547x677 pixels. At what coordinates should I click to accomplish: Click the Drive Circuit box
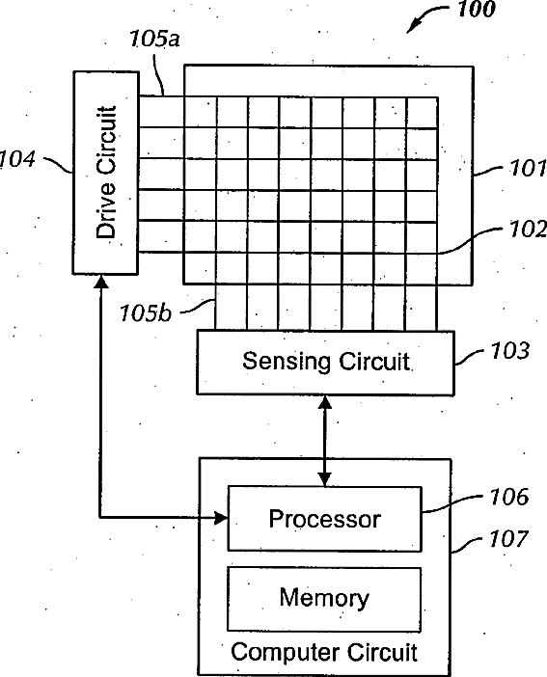click(x=105, y=173)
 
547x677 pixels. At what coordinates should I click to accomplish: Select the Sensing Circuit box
click(x=325, y=363)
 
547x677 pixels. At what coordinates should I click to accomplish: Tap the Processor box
click(x=324, y=519)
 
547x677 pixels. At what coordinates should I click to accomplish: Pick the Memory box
click(x=324, y=599)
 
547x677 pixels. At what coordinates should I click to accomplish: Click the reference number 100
click(x=476, y=9)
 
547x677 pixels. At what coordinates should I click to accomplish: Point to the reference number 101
click(x=528, y=168)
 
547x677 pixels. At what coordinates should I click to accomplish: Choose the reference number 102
click(x=528, y=230)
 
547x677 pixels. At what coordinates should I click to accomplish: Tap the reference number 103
click(x=509, y=350)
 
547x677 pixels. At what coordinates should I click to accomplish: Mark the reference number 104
click(x=17, y=159)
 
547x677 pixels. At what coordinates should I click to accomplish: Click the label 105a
click(x=154, y=39)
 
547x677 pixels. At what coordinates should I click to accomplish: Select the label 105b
click(x=145, y=313)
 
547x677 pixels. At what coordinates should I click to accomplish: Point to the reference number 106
click(x=509, y=497)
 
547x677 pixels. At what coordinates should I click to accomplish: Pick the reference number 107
click(x=508, y=539)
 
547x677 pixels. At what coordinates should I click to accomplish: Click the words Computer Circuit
click(x=324, y=652)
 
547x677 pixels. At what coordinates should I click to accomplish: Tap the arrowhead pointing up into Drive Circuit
click(x=101, y=282)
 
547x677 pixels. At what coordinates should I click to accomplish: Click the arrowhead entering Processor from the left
click(x=221, y=517)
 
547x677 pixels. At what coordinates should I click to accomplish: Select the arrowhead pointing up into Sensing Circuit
click(x=325, y=402)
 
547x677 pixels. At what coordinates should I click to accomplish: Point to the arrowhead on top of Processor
click(x=325, y=479)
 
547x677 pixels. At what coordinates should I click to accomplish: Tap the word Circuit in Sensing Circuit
click(x=373, y=362)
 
